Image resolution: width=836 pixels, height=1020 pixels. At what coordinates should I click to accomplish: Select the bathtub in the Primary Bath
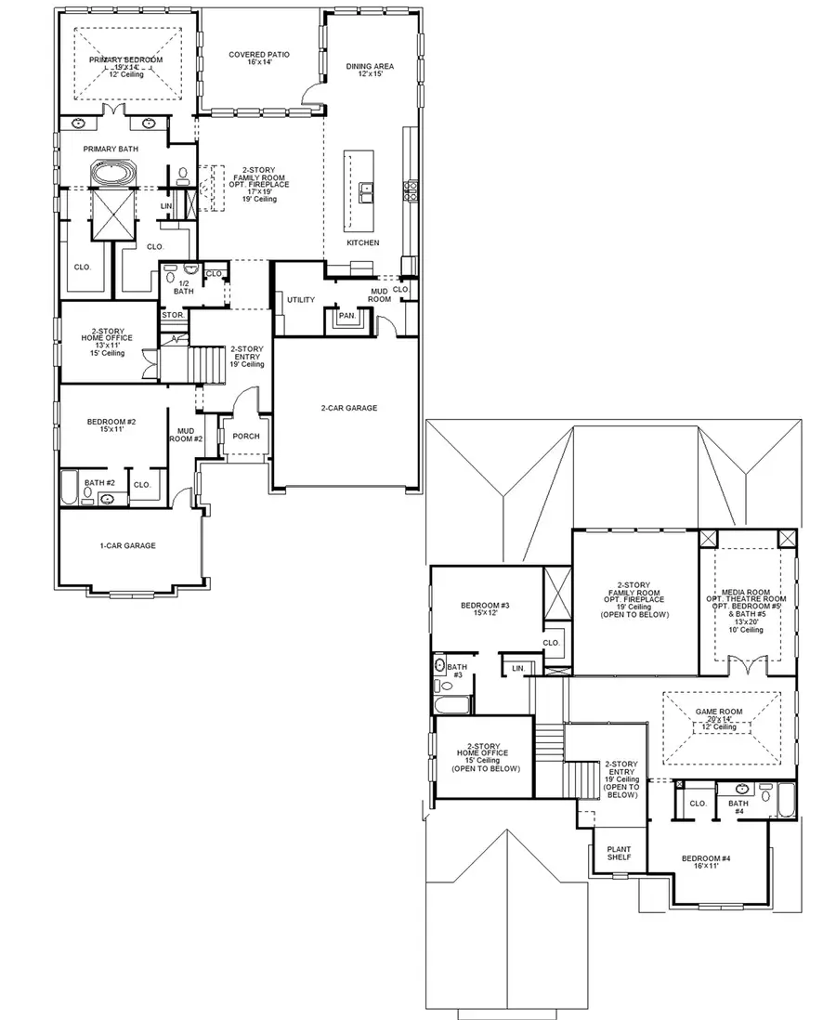tap(112, 175)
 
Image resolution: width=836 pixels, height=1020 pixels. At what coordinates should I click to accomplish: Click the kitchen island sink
tap(369, 193)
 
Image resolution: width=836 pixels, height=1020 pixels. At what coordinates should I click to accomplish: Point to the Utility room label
tap(301, 300)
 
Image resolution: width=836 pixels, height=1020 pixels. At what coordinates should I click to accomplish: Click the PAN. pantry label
tap(347, 316)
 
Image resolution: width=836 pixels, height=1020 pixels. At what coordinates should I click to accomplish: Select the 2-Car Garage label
tap(349, 408)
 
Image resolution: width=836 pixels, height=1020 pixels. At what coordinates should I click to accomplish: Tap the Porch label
tap(246, 437)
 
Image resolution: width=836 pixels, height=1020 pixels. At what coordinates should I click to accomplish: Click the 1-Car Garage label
tap(127, 546)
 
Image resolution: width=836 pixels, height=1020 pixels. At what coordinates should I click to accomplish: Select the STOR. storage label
tap(172, 315)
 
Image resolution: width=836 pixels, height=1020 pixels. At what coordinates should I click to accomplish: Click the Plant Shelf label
tap(619, 853)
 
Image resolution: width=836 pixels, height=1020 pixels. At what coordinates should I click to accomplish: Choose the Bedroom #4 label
tap(707, 861)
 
